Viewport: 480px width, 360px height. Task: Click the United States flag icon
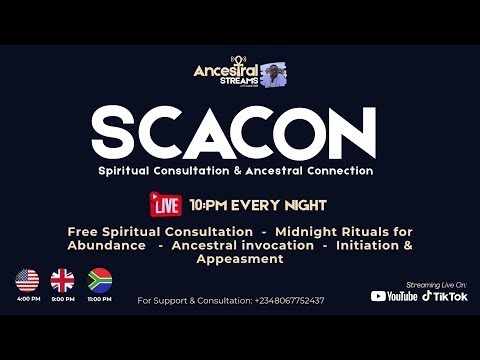click(27, 280)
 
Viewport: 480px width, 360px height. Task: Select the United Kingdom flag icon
click(63, 280)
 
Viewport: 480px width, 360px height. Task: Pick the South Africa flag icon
click(100, 280)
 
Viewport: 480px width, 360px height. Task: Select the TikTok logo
click(445, 296)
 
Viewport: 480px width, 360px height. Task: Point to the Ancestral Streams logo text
click(226, 74)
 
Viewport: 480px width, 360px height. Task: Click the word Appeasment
click(240, 258)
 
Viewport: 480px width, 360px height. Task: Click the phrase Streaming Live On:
click(437, 283)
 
